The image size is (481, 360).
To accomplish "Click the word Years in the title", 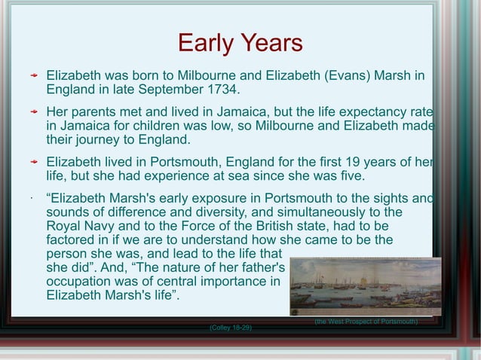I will pyautogui.click(x=268, y=43).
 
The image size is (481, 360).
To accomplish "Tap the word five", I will pyautogui.click(x=351, y=177).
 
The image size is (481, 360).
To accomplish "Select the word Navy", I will pyautogui.click(x=107, y=226).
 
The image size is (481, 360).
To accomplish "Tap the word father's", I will pyautogui.click(x=258, y=268).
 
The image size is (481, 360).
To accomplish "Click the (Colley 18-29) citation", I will pyautogui.click(x=230, y=328).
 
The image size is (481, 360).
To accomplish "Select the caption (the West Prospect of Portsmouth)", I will pyautogui.click(x=366, y=322).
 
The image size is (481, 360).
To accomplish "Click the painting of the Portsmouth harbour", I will pyautogui.click(x=365, y=286).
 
